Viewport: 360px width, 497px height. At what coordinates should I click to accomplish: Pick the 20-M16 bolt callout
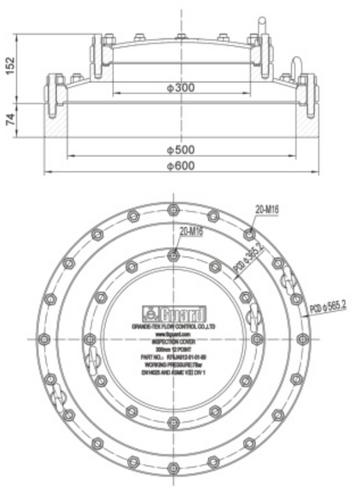pyautogui.click(x=267, y=208)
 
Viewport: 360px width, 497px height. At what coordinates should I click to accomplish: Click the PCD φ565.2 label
pyautogui.click(x=327, y=306)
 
